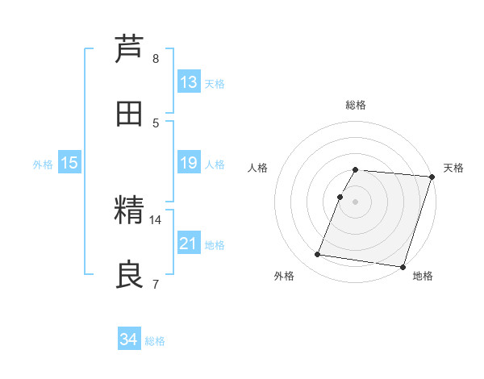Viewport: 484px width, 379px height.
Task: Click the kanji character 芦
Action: pyautogui.click(x=129, y=49)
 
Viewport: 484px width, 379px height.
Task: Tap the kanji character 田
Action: pyautogui.click(x=129, y=115)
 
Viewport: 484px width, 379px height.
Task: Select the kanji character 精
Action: pyautogui.click(x=129, y=211)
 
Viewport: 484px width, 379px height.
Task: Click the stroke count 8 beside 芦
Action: pyautogui.click(x=156, y=58)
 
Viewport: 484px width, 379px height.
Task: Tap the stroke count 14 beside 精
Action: pyautogui.click(x=156, y=219)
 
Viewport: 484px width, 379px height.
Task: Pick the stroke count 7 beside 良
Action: pyautogui.click(x=156, y=284)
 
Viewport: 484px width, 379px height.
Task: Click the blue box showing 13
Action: pyautogui.click(x=189, y=82)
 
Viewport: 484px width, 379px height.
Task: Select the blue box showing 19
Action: pyautogui.click(x=189, y=163)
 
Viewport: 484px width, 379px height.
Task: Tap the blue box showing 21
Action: pyautogui.click(x=189, y=244)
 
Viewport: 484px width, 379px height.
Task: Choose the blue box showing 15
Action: pyautogui.click(x=69, y=163)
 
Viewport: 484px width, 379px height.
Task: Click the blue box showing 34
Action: pyautogui.click(x=129, y=339)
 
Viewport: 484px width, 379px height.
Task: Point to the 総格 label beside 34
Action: pyautogui.click(x=155, y=341)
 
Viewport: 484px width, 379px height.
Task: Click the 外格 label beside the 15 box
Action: pyautogui.click(x=43, y=165)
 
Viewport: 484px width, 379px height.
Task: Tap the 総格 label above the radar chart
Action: pyautogui.click(x=356, y=105)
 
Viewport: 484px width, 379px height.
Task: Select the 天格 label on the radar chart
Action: pyautogui.click(x=454, y=168)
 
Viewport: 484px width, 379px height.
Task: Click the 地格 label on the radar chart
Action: pyautogui.click(x=423, y=277)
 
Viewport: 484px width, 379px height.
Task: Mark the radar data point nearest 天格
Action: pyautogui.click(x=432, y=177)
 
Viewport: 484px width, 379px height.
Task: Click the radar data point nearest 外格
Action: pyautogui.click(x=318, y=255)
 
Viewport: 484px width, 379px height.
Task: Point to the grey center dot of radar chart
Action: pyautogui.click(x=356, y=201)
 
